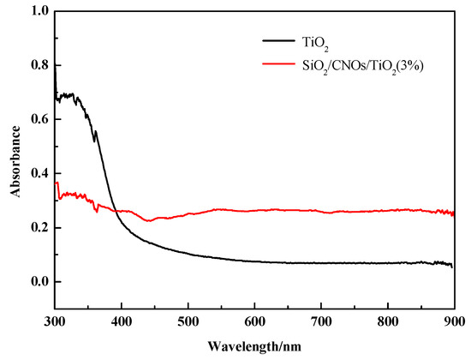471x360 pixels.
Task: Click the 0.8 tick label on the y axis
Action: (38, 65)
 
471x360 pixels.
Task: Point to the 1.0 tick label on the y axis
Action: (38, 11)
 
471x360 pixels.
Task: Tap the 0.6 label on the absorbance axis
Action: (38, 119)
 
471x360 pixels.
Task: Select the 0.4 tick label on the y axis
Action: (38, 173)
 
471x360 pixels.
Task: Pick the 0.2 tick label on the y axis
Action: (38, 227)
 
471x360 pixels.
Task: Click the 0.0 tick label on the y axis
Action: (38, 281)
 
